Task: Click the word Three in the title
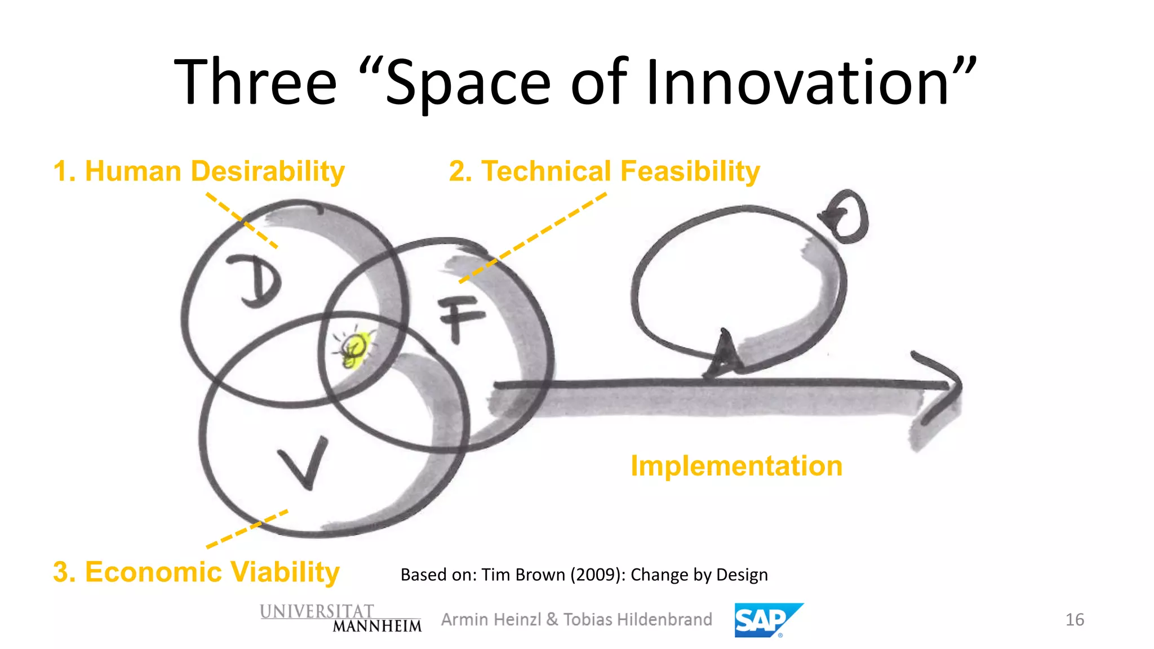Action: (x=255, y=83)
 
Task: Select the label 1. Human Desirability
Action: (x=199, y=171)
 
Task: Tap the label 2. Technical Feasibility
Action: (x=604, y=171)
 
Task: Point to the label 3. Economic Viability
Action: (x=196, y=572)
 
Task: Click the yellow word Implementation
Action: (x=736, y=466)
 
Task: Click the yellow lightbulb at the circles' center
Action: (x=355, y=348)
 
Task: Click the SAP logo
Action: (x=767, y=620)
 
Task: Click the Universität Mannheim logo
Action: (x=340, y=619)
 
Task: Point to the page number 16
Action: (x=1074, y=620)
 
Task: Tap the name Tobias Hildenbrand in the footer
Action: (x=637, y=620)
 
